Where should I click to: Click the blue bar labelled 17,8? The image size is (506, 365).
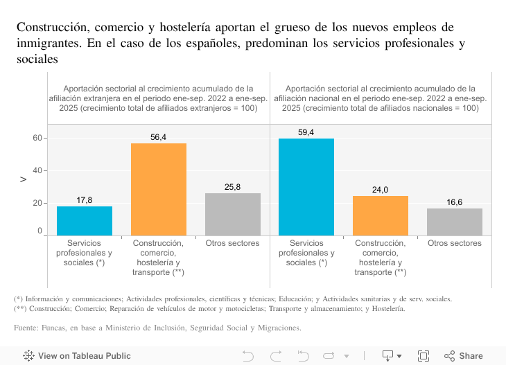[85, 221]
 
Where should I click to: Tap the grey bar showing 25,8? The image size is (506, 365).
[233, 214]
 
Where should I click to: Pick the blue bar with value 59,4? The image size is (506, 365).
[306, 187]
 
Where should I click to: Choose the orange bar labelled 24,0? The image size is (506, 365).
[381, 215]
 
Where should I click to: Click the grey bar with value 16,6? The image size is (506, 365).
[455, 222]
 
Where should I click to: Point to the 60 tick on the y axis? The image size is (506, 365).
[37, 139]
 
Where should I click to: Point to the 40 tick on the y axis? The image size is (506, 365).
[37, 170]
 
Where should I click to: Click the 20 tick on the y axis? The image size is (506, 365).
[37, 203]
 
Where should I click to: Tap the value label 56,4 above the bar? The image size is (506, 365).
[159, 137]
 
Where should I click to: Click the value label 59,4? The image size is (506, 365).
[306, 132]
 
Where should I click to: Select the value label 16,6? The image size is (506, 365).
[455, 202]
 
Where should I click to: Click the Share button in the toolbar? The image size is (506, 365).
[464, 356]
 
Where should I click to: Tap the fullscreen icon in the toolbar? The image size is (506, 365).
[424, 356]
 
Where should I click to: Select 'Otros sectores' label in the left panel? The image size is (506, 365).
[233, 243]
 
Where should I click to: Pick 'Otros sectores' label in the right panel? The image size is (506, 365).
[455, 243]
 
